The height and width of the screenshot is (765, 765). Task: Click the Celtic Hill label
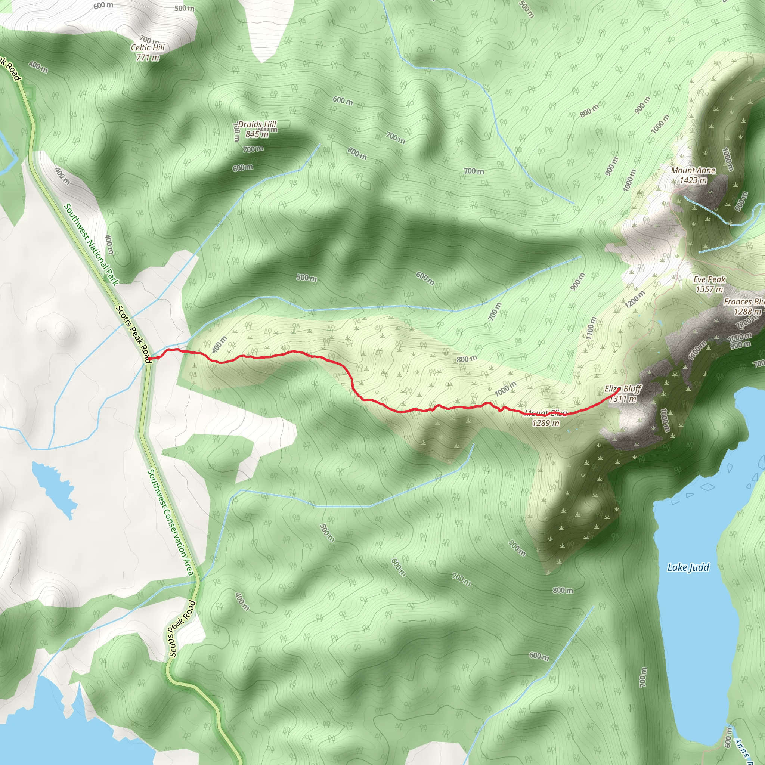(x=148, y=47)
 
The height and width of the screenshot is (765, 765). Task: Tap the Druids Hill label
(x=257, y=124)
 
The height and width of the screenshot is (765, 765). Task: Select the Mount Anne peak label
(x=693, y=171)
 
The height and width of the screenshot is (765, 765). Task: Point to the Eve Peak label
(x=709, y=279)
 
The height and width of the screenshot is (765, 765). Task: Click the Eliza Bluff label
(x=622, y=389)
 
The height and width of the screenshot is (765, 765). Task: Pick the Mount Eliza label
(x=546, y=414)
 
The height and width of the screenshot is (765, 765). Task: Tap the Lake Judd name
(x=688, y=567)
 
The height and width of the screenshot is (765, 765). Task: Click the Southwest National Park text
(x=91, y=244)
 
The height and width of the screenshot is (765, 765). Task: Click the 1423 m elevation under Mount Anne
(x=693, y=180)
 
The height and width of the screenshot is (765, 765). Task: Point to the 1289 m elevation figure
(x=546, y=423)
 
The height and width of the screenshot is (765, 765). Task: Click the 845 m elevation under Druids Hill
(x=257, y=134)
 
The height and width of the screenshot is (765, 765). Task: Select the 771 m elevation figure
(x=148, y=58)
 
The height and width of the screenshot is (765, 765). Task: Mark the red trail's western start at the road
(x=148, y=359)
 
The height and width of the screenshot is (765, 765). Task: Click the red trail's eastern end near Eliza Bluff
(x=619, y=389)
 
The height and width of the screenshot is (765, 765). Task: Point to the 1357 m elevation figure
(x=709, y=289)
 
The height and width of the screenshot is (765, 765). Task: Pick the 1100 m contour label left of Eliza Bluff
(x=591, y=328)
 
